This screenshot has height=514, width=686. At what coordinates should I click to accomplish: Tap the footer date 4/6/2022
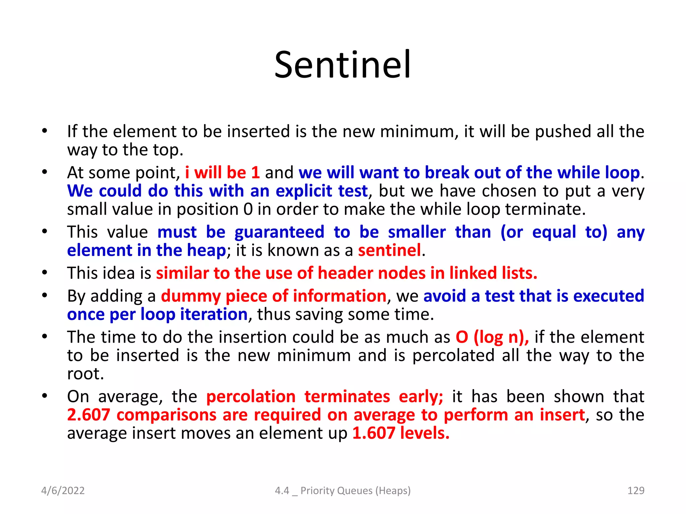[63, 491]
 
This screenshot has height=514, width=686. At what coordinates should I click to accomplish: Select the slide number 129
[635, 491]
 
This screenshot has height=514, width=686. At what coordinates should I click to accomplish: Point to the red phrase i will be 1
[222, 173]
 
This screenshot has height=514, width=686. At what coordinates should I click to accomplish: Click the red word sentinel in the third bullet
[389, 250]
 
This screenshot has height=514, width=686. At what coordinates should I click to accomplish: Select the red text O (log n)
[492, 337]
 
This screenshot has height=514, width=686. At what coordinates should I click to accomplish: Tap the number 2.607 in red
[88, 415]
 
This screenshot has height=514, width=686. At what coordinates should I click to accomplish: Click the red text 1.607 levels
[401, 433]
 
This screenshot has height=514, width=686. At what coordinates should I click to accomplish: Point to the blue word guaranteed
[279, 232]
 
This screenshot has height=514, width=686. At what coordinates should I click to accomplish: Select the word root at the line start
[85, 374]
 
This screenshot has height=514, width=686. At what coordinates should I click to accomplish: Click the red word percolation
[251, 397]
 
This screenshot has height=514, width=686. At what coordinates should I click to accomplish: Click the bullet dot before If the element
[45, 131]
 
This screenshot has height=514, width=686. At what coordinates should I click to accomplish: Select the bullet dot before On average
[45, 396]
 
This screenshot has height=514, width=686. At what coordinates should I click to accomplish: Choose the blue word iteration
[214, 315]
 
